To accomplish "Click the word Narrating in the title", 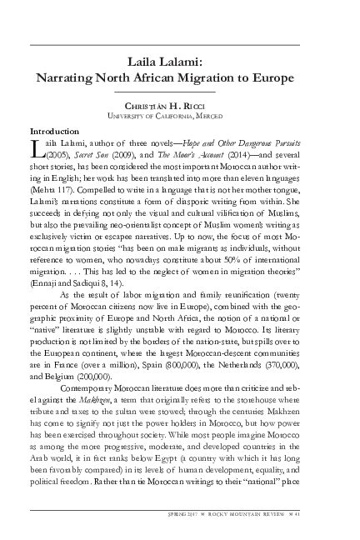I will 67,77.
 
